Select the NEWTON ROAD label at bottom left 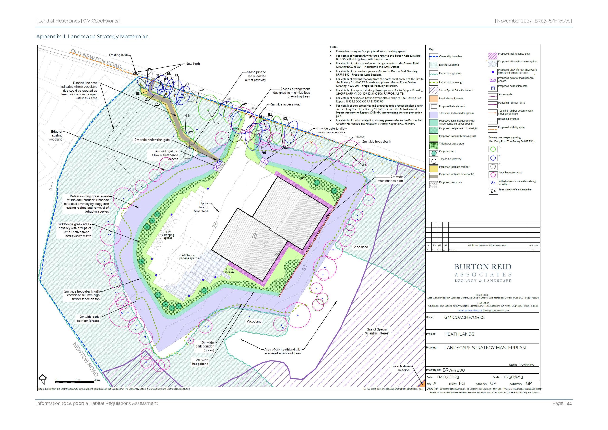[x=85, y=359]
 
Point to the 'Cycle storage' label [x=230, y=271]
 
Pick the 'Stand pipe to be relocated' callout [x=256, y=76]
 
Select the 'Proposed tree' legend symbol [x=434, y=153]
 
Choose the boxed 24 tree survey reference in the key [x=493, y=191]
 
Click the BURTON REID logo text [x=483, y=267]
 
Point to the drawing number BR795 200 [x=454, y=370]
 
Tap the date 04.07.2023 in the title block [x=448, y=377]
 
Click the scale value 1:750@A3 [x=513, y=377]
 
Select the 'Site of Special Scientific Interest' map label [x=377, y=331]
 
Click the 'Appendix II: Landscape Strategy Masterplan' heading [x=92, y=37]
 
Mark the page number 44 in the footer [x=569, y=403]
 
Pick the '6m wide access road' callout [x=285, y=104]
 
